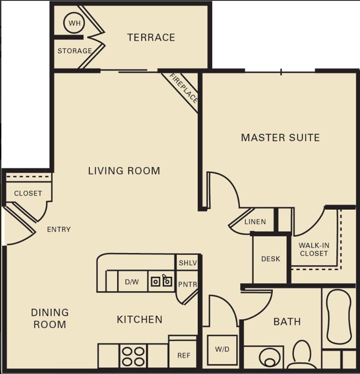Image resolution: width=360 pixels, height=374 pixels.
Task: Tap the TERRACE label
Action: (x=151, y=37)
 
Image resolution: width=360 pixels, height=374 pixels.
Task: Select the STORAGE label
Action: (x=74, y=51)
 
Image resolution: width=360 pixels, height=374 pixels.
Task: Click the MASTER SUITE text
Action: (x=280, y=137)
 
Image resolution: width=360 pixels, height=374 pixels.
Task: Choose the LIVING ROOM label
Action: (x=124, y=171)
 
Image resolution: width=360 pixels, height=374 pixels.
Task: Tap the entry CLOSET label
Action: (x=28, y=193)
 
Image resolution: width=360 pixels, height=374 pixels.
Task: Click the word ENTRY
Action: (x=59, y=230)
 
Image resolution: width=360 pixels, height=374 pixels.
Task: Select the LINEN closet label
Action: (x=255, y=221)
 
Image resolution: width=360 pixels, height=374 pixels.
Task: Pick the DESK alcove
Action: (x=270, y=259)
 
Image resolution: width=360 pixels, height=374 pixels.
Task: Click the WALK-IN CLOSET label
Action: (x=314, y=249)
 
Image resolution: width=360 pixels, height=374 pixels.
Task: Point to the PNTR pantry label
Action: (x=187, y=284)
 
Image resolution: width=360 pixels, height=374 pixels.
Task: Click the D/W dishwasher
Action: (x=132, y=282)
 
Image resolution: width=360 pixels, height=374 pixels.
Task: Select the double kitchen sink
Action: (x=161, y=281)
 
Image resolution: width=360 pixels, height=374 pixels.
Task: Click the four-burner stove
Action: (x=134, y=356)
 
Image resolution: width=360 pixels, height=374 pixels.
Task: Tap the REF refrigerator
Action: (x=183, y=355)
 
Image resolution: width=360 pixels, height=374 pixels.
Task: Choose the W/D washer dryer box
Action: (x=222, y=350)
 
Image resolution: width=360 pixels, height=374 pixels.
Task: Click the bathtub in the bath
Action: (x=339, y=316)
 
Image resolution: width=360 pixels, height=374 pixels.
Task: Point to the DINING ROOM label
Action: (x=49, y=318)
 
